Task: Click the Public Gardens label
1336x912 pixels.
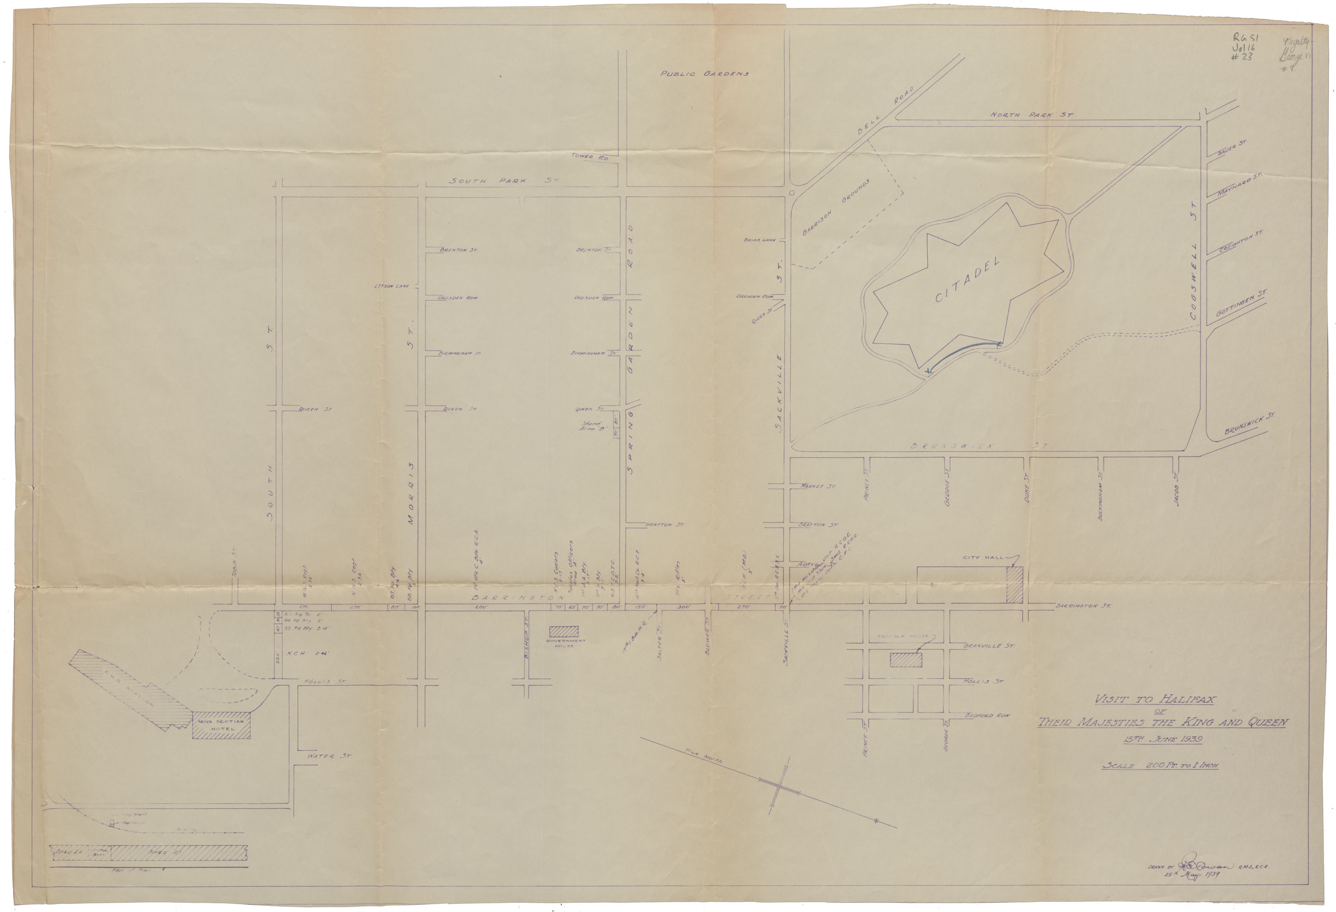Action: [704, 74]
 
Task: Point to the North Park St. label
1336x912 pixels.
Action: [1031, 115]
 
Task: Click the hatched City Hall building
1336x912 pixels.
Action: [1014, 585]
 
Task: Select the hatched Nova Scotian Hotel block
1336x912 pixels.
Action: [221, 727]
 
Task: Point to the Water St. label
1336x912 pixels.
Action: [329, 756]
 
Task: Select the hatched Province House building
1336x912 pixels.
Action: [905, 659]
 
